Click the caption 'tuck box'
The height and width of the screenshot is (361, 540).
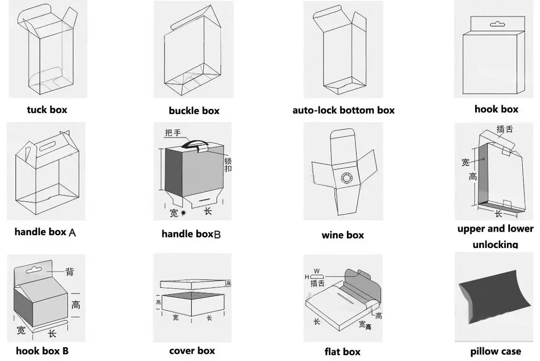click(47, 109)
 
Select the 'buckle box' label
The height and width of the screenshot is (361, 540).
click(194, 110)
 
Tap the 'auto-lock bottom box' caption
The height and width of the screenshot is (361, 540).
click(343, 110)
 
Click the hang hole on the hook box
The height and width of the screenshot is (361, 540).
click(496, 24)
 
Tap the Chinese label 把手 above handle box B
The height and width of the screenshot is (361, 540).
click(173, 133)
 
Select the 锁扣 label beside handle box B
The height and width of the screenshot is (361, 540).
click(228, 165)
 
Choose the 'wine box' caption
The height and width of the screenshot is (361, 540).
click(343, 235)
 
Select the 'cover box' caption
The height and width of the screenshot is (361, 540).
click(192, 351)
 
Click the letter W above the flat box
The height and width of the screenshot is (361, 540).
click(317, 270)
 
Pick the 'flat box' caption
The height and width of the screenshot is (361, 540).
click(342, 352)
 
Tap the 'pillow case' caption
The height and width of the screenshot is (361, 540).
click(496, 351)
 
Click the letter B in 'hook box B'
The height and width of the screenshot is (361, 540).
click(65, 351)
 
